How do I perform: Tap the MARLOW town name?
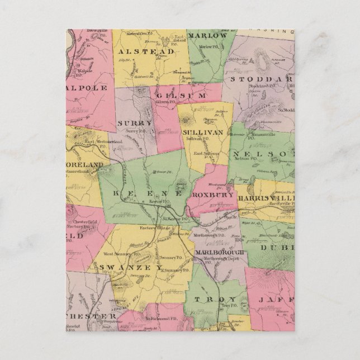pyautogui.click(x=208, y=35)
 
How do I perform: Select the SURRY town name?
pyautogui.click(x=135, y=122)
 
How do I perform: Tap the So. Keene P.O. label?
pyautogui.click(x=176, y=219)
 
